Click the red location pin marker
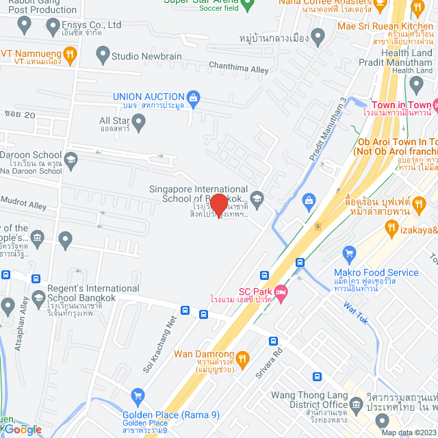[x=218, y=205]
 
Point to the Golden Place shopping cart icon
[x=138, y=396]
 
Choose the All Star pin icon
[x=139, y=123]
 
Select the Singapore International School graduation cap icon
[x=257, y=199]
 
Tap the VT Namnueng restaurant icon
[x=69, y=53]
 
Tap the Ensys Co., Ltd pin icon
[x=25, y=26]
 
